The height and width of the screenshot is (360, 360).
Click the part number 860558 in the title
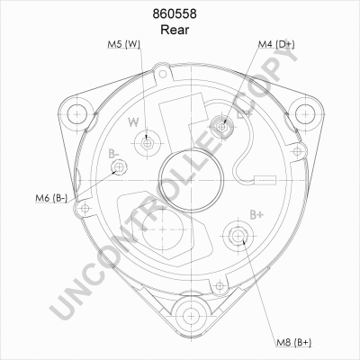point(175,13)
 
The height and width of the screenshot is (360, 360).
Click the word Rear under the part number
point(175,30)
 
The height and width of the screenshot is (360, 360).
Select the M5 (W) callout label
point(124,44)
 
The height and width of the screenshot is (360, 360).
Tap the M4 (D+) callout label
point(276,44)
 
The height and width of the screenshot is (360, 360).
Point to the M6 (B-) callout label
point(51,198)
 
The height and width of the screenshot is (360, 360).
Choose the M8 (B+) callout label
point(293,342)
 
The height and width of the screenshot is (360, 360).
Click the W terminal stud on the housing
point(147,144)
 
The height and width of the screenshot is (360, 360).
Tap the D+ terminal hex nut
point(221,127)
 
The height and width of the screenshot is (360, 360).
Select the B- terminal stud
point(119,167)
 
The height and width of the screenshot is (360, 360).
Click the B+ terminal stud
point(238,236)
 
